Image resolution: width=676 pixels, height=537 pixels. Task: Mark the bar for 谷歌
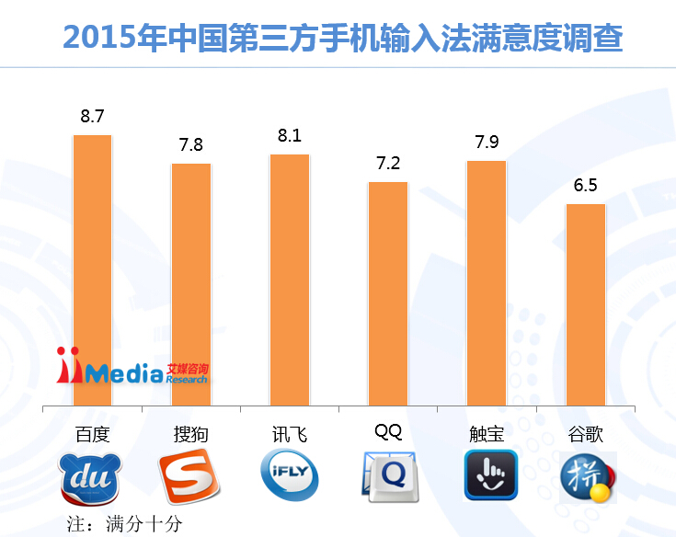point(585,303)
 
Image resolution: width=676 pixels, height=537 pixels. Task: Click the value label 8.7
point(92,117)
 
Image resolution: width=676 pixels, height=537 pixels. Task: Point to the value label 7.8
point(191,145)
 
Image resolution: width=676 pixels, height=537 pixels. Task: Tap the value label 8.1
point(290,136)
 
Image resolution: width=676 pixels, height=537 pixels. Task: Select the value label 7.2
point(388,164)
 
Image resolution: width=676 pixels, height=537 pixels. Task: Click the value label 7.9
point(487,143)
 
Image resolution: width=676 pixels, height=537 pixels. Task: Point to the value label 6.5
point(585,186)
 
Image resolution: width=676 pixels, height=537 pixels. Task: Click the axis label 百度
point(92,434)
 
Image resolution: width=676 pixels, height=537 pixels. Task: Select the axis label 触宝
point(487,434)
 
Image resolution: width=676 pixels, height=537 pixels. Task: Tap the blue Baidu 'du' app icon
point(90,478)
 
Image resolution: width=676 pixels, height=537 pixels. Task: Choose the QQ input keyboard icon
point(389,476)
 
